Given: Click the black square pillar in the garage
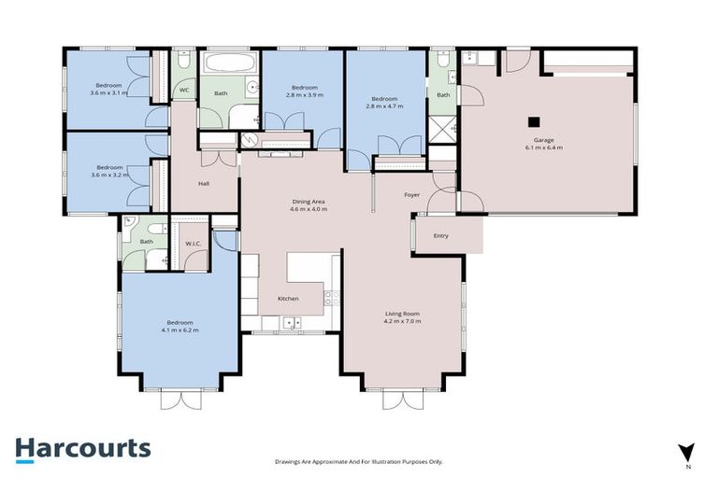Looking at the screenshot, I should point(533,120).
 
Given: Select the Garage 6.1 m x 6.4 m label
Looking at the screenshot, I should point(543,144).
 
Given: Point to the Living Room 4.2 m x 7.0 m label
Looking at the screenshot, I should point(403,317).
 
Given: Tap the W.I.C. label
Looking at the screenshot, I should point(194,244).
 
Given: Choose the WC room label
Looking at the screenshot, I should point(184,91).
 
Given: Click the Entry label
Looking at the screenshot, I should point(440,235).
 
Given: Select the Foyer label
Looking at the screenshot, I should point(411,195).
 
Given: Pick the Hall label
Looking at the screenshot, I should point(203,183).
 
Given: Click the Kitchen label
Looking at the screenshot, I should point(288,298).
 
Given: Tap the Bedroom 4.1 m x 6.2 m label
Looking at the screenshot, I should point(179,327).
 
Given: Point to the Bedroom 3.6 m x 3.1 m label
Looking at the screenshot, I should point(108,89).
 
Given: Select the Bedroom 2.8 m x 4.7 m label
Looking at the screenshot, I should point(383,103).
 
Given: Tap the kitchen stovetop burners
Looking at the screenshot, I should point(331,298).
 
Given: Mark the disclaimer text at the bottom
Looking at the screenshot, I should point(359,461).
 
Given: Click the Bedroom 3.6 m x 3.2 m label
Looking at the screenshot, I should point(108,171).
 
